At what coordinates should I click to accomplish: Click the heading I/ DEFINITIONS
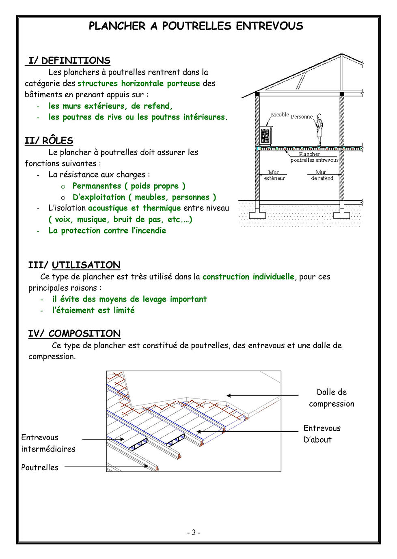pos(69,61)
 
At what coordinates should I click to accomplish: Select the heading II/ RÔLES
pos(49,141)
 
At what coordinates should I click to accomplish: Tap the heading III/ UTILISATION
pos(74,265)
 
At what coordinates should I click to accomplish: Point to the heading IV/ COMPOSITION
pos(74,334)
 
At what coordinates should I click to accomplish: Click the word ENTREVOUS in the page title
pos(270,26)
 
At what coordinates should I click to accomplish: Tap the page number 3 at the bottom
pos(194,533)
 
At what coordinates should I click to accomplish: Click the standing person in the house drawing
pos(319,130)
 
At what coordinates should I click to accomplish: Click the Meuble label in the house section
pos(280,115)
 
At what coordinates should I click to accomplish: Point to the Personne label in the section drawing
pos(302,116)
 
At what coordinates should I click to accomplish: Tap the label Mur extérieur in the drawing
pos(274,175)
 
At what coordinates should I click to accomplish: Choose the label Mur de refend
pos(322,175)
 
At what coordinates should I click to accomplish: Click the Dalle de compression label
pos(332,398)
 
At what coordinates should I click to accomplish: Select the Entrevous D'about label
pos(322,433)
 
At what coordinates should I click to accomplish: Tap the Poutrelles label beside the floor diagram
pos(40,467)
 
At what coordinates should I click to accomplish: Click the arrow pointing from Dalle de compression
pos(262,396)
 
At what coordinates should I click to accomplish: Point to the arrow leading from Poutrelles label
pos(106,466)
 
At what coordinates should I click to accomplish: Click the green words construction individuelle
pos(248,277)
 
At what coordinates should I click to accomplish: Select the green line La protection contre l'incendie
pos(107,230)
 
